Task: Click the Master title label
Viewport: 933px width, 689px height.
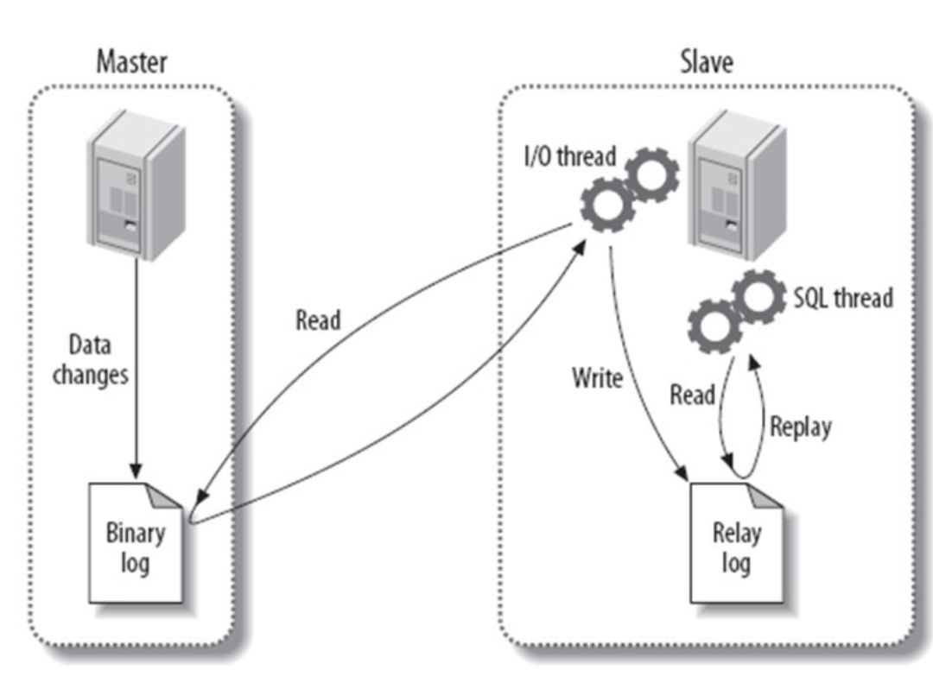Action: [131, 62]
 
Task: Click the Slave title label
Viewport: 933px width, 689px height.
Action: [706, 62]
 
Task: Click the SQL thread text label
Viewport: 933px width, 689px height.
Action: [842, 299]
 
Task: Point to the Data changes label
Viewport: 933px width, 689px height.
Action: [90, 361]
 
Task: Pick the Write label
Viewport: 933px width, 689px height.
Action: [597, 377]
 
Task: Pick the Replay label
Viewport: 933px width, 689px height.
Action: [800, 427]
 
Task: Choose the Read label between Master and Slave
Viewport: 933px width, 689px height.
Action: [318, 320]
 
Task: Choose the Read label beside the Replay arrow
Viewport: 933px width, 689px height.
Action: [693, 395]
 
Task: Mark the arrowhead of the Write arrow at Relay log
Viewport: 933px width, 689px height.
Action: [682, 472]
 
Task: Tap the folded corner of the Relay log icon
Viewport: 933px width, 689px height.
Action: [767, 496]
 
